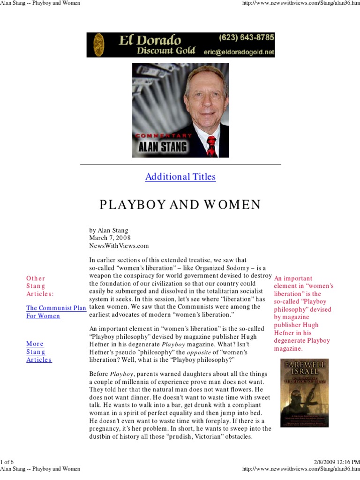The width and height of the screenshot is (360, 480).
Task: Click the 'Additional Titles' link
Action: (x=180, y=177)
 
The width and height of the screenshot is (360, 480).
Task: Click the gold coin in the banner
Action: (x=98, y=45)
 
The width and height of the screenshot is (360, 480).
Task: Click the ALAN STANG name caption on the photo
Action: (x=163, y=147)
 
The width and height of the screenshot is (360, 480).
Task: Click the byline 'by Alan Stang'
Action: (x=109, y=230)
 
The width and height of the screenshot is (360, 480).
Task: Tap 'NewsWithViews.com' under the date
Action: (x=119, y=246)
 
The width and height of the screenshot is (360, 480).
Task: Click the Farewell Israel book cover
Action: (x=304, y=393)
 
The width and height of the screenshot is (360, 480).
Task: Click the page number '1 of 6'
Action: (x=8, y=462)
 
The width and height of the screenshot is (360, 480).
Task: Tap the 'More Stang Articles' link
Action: (x=39, y=352)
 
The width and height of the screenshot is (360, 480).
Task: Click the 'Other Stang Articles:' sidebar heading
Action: (x=40, y=286)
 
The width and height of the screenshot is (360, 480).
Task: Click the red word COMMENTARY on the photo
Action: (x=164, y=135)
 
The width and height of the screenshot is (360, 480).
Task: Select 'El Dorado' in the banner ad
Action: (x=150, y=40)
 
